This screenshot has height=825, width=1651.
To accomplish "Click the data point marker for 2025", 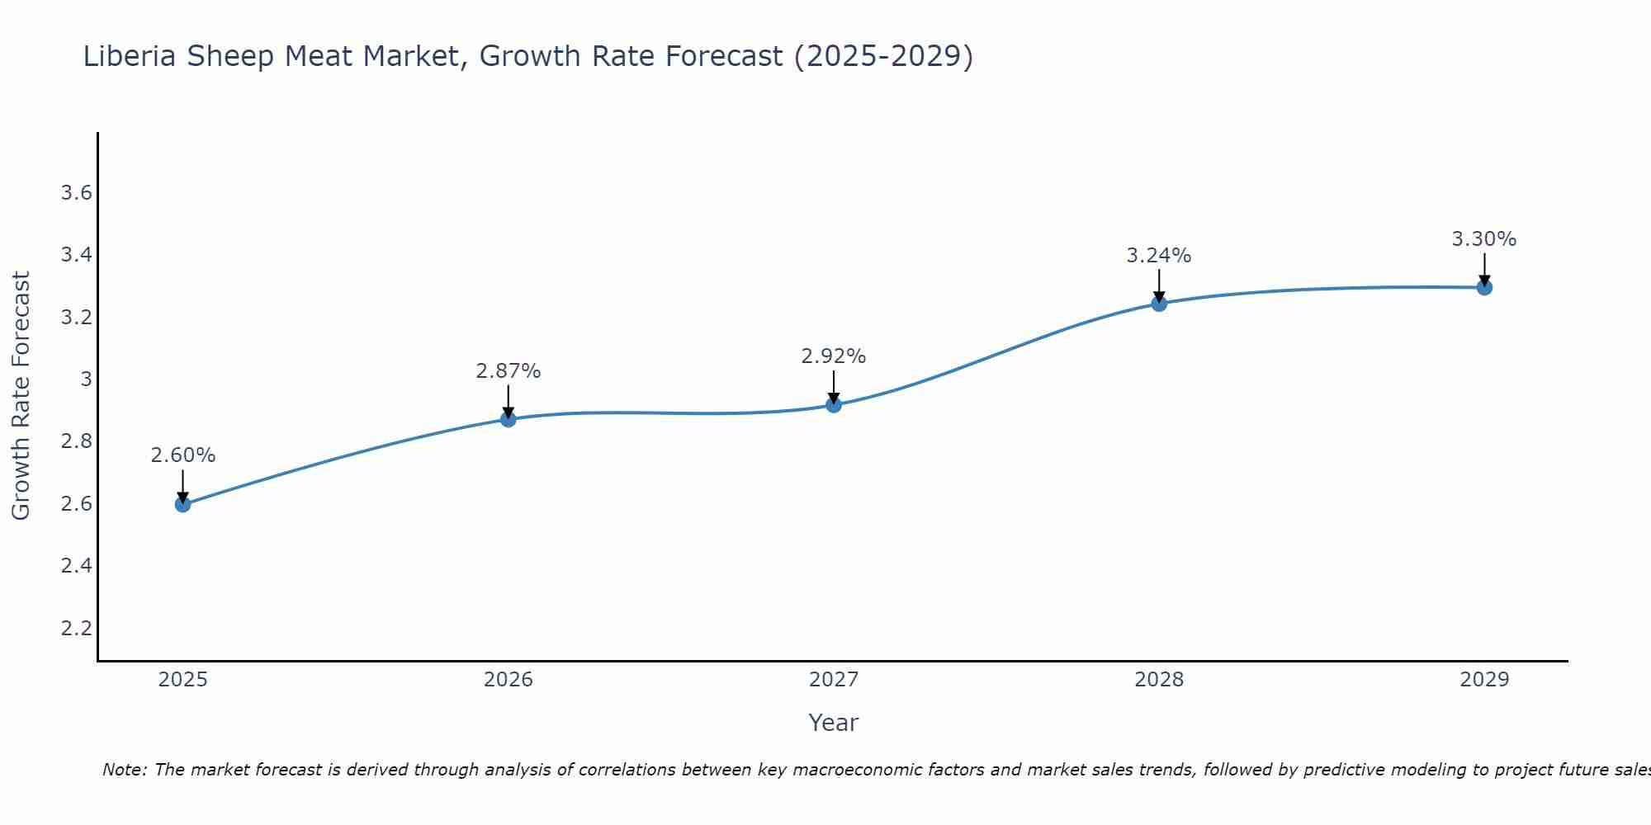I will (183, 504).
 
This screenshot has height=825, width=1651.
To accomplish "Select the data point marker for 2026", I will (509, 419).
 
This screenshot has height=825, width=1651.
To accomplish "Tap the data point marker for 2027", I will (834, 404).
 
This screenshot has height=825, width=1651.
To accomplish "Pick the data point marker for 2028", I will (1159, 304).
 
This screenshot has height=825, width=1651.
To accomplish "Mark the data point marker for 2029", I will (1484, 287).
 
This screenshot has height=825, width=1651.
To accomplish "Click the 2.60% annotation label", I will (183, 455).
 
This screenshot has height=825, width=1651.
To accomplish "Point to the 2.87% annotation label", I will (509, 371).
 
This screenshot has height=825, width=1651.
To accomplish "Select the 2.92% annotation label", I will (834, 356).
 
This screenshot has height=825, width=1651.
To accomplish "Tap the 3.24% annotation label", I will (1159, 256).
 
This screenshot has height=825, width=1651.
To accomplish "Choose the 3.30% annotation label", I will (1484, 239).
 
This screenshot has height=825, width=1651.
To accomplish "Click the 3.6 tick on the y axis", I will (76, 193).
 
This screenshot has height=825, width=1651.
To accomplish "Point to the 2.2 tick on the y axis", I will (76, 629).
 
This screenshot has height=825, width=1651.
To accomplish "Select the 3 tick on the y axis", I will (86, 379).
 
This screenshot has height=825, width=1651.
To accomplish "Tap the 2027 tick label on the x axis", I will (834, 680).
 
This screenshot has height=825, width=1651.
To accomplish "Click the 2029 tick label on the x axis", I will (1484, 680).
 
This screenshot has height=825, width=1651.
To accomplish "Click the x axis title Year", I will (834, 723).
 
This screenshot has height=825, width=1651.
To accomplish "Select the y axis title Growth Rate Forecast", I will (21, 396).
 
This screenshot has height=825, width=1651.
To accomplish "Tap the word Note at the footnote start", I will (124, 770).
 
